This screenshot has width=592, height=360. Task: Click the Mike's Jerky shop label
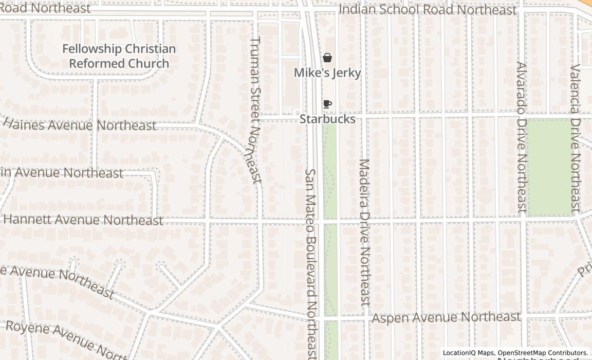coord(327,73)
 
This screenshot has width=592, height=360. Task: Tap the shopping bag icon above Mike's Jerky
coord(327,58)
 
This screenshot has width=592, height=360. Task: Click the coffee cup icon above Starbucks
coord(327,104)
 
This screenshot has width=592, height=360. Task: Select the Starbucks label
coord(327,119)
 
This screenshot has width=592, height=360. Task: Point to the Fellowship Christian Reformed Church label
coord(119,56)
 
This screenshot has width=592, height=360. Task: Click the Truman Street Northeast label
coord(255,110)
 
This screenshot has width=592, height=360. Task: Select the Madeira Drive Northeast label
coord(365,232)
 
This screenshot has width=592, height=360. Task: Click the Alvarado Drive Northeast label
coord(522,138)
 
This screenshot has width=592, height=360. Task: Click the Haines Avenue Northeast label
coord(80,125)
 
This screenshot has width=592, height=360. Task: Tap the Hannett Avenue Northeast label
coord(83,220)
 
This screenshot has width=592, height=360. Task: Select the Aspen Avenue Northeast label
coord(446,318)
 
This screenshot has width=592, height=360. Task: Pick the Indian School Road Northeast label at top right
coord(428,10)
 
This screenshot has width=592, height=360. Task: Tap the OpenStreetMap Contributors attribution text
coord(543,353)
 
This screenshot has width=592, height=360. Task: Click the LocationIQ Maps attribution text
coord(468,353)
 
